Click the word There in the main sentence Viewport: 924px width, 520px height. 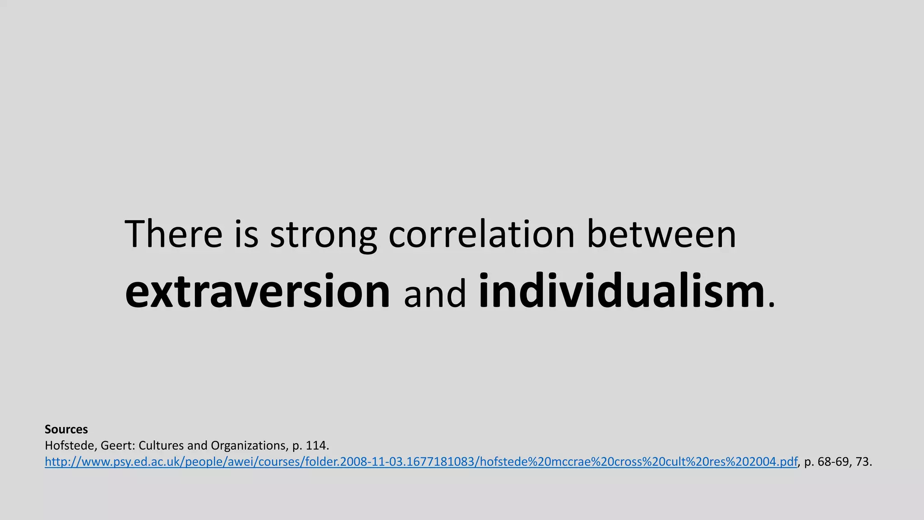pyautogui.click(x=173, y=234)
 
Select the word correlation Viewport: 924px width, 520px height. pyautogui.click(x=481, y=234)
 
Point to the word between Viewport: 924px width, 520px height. pyautogui.click(x=661, y=234)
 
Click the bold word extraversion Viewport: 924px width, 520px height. pyautogui.click(x=257, y=291)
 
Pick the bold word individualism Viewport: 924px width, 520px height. pyautogui.click(x=622, y=291)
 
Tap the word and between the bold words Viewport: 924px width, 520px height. pyautogui.click(x=434, y=294)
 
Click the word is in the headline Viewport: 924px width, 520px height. pyautogui.click(x=246, y=234)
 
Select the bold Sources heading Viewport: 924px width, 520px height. pyautogui.click(x=66, y=429)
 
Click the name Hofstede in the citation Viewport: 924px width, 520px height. pyautogui.click(x=69, y=446)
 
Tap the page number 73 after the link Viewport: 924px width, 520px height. pyautogui.click(x=862, y=462)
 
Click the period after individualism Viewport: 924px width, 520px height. pyautogui.click(x=771, y=305)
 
